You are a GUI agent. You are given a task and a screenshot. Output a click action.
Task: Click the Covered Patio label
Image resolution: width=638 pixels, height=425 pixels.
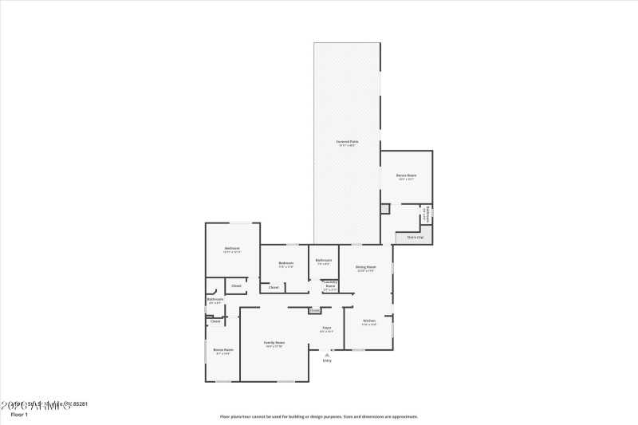347,141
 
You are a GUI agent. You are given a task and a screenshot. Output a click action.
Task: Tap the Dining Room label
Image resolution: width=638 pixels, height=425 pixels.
366,267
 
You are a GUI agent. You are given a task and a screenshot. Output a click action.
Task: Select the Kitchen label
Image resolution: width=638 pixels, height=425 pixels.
369,321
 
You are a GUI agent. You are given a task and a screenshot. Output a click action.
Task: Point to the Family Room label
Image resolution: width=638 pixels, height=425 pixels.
274,343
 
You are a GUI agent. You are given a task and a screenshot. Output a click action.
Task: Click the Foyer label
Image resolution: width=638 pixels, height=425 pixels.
327,328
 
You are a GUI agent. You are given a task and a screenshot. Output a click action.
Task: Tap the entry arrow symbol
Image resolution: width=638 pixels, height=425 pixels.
327,354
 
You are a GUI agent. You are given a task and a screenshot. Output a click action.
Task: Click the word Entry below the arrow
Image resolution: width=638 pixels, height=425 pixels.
327,361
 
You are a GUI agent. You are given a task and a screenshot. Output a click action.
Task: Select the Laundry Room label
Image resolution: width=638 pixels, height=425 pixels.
330,283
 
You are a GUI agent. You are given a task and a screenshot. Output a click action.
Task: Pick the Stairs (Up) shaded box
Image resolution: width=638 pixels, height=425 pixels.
415,237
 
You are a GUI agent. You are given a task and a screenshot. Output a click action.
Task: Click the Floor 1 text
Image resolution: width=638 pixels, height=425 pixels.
18,415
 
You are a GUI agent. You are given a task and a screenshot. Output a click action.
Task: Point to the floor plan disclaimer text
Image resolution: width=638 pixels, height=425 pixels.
319,416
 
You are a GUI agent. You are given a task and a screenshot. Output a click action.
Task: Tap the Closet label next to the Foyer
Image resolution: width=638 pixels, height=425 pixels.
315,310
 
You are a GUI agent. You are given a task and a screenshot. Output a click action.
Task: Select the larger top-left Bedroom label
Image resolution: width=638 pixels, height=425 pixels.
232,249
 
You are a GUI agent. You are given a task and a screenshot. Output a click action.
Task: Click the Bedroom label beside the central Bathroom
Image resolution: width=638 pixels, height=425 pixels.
286,263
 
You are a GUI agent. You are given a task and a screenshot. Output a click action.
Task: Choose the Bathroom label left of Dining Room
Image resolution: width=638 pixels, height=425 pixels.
324,260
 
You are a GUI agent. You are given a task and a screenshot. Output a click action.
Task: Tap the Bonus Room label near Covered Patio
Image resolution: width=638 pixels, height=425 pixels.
406,175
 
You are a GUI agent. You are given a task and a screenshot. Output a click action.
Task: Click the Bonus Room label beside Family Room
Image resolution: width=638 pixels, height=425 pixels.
223,350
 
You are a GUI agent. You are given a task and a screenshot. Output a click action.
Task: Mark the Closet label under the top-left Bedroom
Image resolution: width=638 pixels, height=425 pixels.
236,285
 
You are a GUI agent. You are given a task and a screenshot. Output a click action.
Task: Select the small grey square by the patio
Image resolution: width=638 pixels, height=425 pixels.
384,208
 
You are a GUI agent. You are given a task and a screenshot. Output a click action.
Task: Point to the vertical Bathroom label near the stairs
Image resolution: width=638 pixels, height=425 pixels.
427,214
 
